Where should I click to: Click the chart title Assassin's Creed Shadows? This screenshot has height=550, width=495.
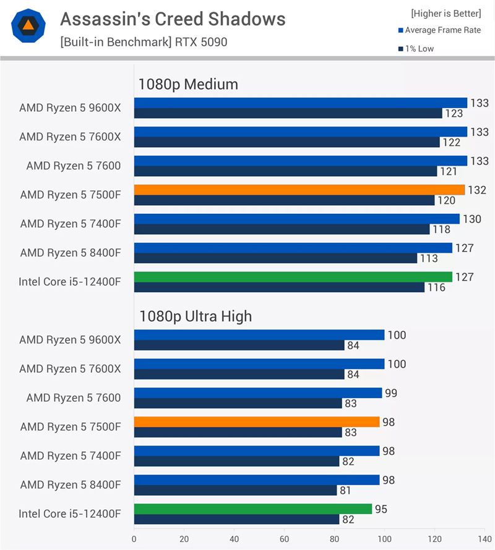[173, 19]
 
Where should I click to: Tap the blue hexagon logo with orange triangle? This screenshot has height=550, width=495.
[27, 25]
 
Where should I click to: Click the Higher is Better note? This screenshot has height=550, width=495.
[445, 13]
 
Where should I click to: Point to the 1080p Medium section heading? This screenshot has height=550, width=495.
[188, 84]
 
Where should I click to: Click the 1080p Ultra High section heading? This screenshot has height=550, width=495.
[195, 316]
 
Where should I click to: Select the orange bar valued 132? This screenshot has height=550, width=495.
[299, 190]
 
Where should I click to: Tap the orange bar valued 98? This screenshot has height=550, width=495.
[257, 422]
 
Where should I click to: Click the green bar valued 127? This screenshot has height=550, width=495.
[293, 277]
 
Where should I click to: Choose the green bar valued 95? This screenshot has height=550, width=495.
[252, 509]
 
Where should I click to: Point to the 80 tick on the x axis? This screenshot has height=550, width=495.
[335, 539]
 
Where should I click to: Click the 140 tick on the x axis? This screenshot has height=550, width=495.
[484, 539]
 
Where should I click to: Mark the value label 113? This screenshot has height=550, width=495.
[429, 258]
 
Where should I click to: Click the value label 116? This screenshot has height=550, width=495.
[436, 287]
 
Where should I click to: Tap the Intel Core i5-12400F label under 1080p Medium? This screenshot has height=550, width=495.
[70, 282]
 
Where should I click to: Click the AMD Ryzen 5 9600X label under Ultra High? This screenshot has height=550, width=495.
[70, 339]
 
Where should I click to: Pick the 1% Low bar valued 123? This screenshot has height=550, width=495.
[288, 113]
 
